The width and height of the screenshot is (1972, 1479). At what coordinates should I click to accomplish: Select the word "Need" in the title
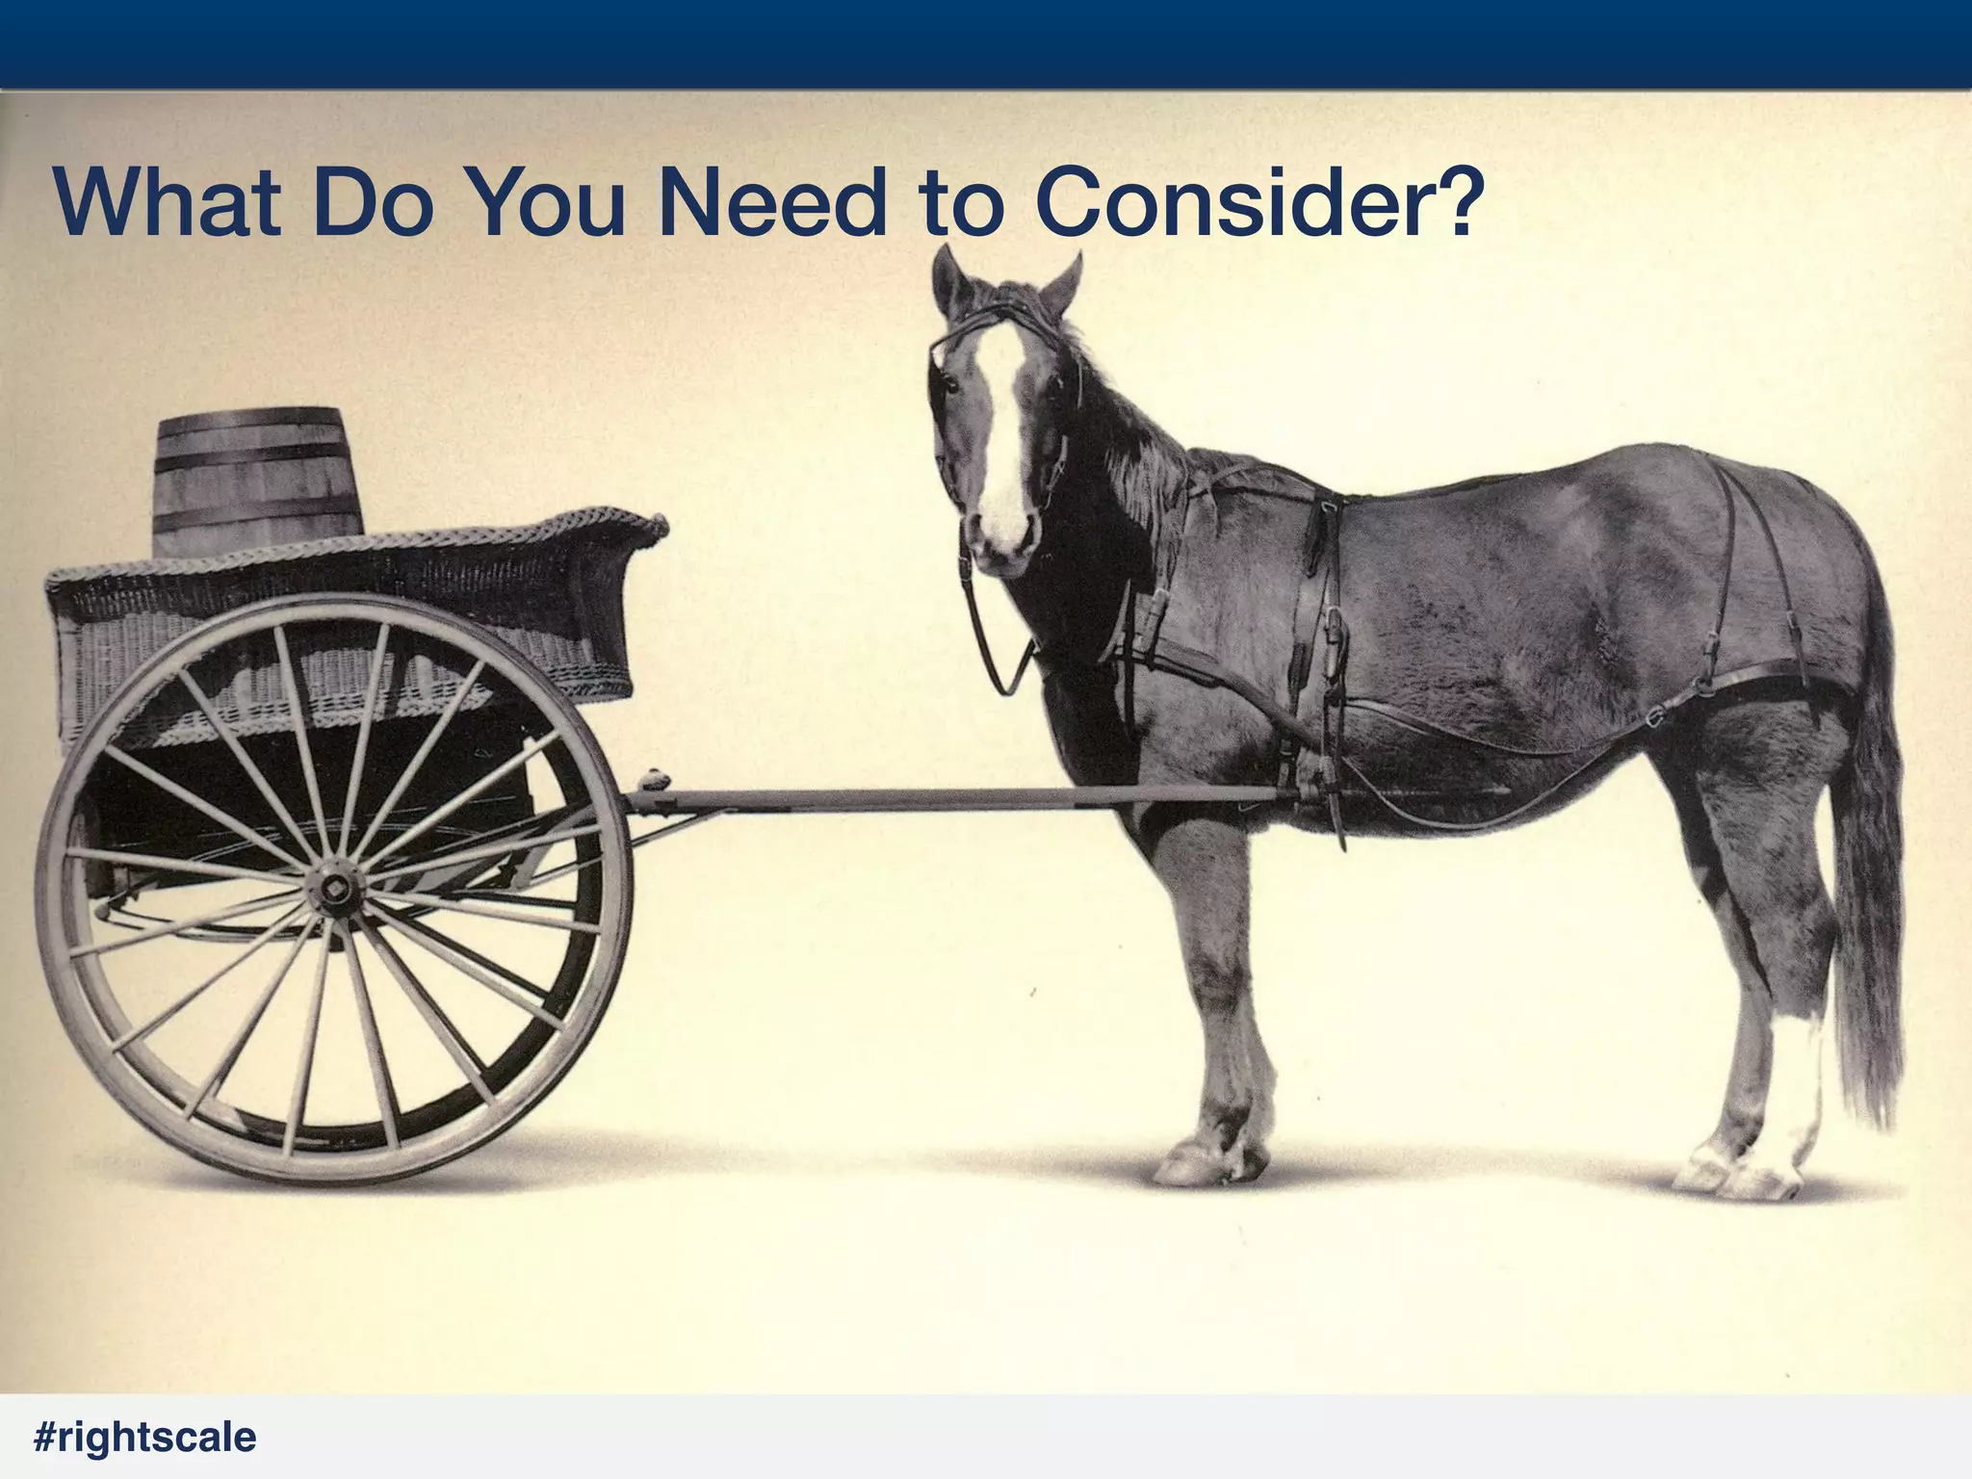tap(774, 203)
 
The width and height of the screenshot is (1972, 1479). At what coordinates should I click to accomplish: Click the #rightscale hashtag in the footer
tap(144, 1438)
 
